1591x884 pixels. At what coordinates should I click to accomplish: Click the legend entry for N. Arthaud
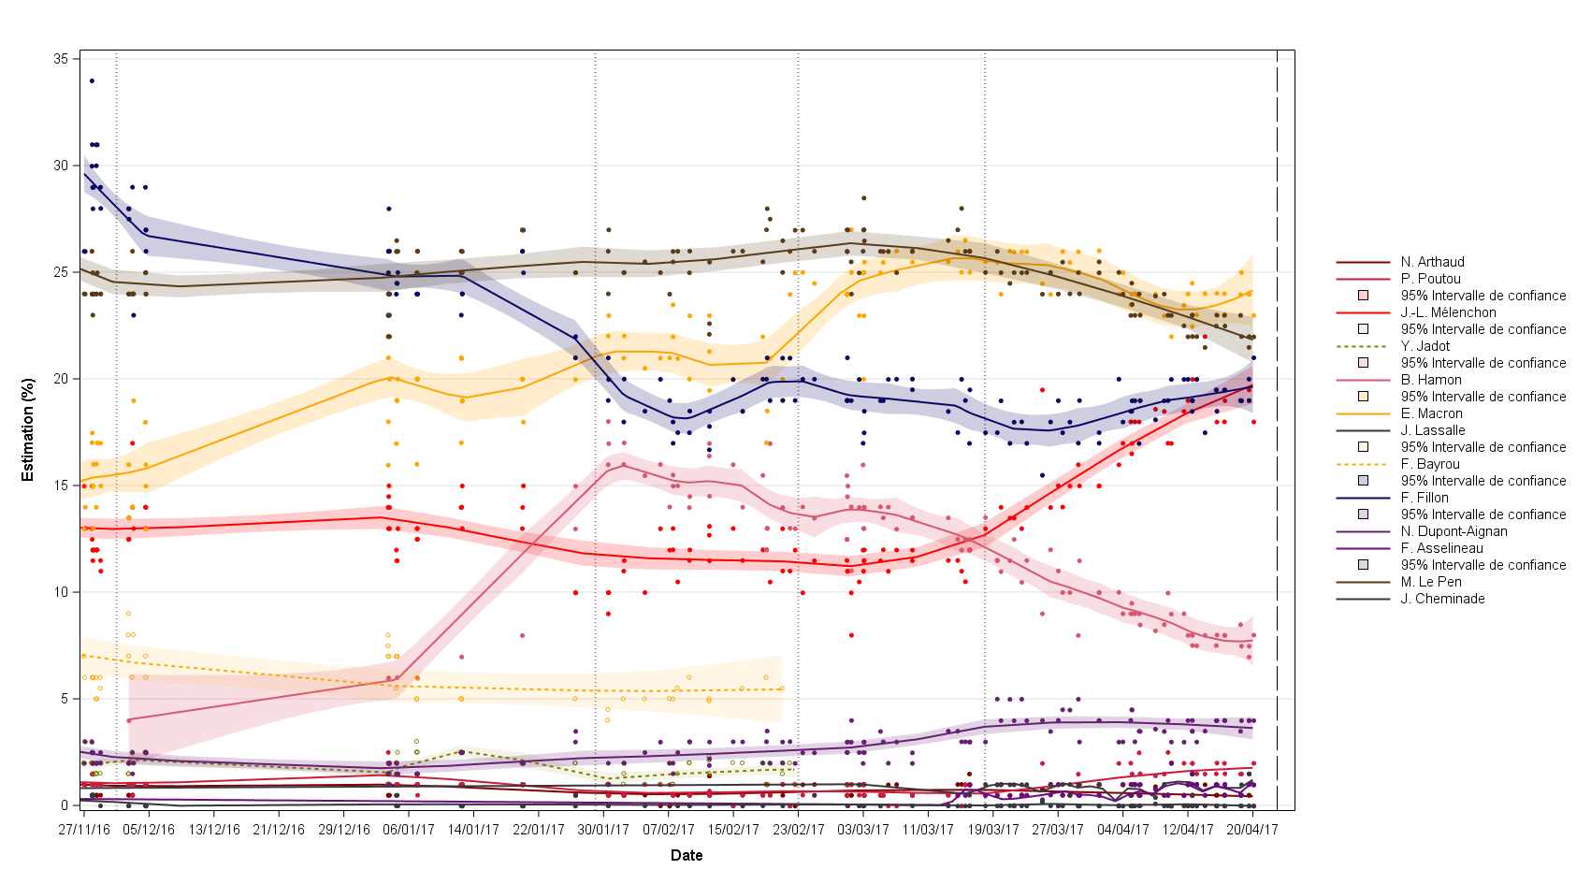[x=1432, y=262]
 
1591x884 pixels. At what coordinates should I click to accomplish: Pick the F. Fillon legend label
[x=1425, y=498]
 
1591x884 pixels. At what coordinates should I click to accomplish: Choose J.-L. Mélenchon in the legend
[x=1448, y=312]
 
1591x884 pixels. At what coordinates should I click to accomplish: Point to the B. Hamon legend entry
[x=1431, y=380]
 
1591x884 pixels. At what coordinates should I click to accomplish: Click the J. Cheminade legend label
[x=1442, y=599]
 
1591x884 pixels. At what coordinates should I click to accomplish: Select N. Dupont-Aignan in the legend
[x=1454, y=531]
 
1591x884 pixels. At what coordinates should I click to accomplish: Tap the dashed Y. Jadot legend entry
[x=1425, y=346]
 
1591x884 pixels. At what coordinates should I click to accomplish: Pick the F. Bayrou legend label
[x=1430, y=464]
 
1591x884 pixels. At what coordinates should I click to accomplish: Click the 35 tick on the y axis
[x=61, y=59]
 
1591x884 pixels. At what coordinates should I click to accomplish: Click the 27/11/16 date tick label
[x=84, y=829]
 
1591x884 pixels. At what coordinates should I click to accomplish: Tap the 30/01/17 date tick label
[x=603, y=829]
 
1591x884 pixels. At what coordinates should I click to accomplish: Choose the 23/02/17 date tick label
[x=798, y=829]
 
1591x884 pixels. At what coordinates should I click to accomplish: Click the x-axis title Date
[x=687, y=855]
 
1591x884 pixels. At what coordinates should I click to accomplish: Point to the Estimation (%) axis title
[x=28, y=429]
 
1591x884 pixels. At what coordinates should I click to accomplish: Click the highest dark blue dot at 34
[x=92, y=81]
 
